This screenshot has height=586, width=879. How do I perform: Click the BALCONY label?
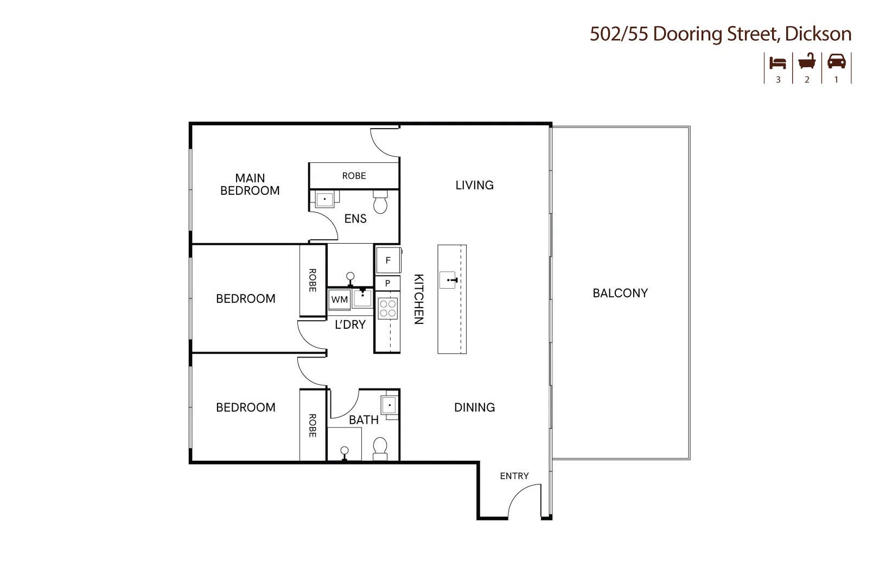coord(620,293)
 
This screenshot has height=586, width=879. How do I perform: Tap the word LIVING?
coord(474,185)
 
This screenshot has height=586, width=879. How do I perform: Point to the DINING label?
coord(474,407)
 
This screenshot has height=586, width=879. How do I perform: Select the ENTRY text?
coord(514,476)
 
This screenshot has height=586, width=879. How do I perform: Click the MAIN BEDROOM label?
coord(250,184)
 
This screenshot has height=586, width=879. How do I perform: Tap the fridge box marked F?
coord(388,260)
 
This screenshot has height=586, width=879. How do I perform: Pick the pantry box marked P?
coord(388,283)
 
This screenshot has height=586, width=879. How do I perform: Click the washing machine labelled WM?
coord(340,300)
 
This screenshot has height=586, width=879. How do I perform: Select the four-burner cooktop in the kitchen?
coord(388,309)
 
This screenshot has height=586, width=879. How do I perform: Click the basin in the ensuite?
coord(324,199)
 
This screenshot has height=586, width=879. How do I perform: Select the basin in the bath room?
coord(389,404)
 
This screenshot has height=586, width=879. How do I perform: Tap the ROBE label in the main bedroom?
coord(354,176)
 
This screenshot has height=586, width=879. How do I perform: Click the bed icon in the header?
coord(778,63)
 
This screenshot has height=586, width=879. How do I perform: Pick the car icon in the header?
coord(837,62)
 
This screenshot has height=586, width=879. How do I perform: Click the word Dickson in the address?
coord(818,34)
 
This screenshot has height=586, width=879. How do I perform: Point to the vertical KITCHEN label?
coord(419,299)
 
